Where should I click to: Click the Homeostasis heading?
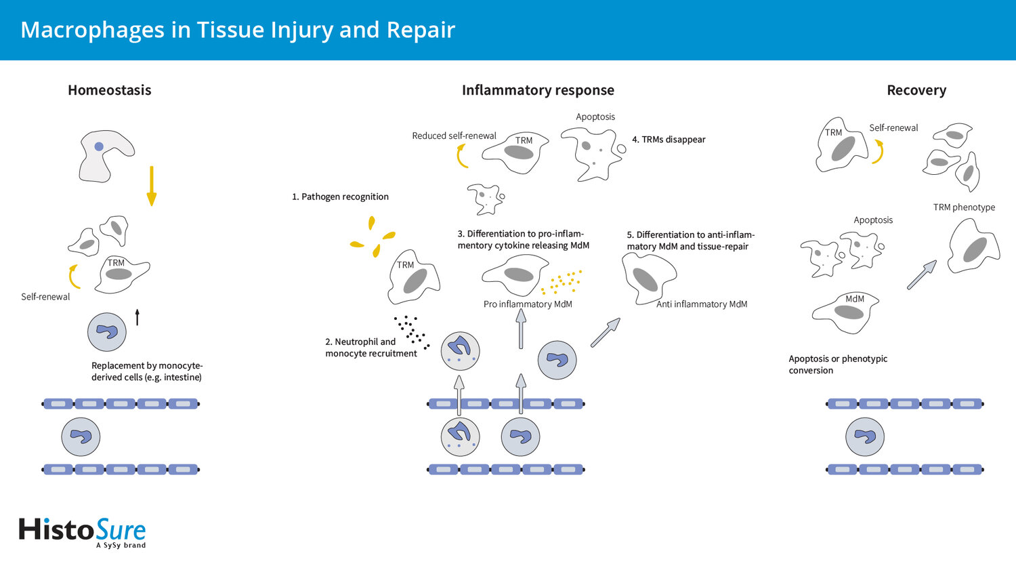pyautogui.click(x=109, y=90)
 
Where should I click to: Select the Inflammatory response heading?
pyautogui.click(x=538, y=90)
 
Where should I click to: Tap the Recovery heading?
pyautogui.click(x=916, y=90)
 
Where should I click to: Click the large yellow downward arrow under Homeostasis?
pyautogui.click(x=152, y=186)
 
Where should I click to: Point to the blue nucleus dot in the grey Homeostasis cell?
pyautogui.click(x=99, y=146)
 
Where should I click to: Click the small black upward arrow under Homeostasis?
pyautogui.click(x=137, y=316)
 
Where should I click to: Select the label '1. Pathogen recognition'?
pyautogui.click(x=340, y=197)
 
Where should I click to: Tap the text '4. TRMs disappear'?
pyautogui.click(x=669, y=140)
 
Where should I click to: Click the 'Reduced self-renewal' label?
pyautogui.click(x=454, y=136)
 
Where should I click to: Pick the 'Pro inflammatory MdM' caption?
pyautogui.click(x=528, y=304)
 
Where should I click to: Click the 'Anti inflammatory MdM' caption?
pyautogui.click(x=702, y=304)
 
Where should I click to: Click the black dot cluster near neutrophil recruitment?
pyautogui.click(x=411, y=331)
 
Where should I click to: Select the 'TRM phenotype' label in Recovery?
pyautogui.click(x=964, y=207)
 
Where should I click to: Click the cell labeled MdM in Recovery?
pyautogui.click(x=846, y=312)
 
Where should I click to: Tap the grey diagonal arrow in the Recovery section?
pyautogui.click(x=921, y=275)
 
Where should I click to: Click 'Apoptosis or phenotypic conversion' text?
pyautogui.click(x=838, y=365)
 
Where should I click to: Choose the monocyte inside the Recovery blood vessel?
pyautogui.click(x=865, y=437)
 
